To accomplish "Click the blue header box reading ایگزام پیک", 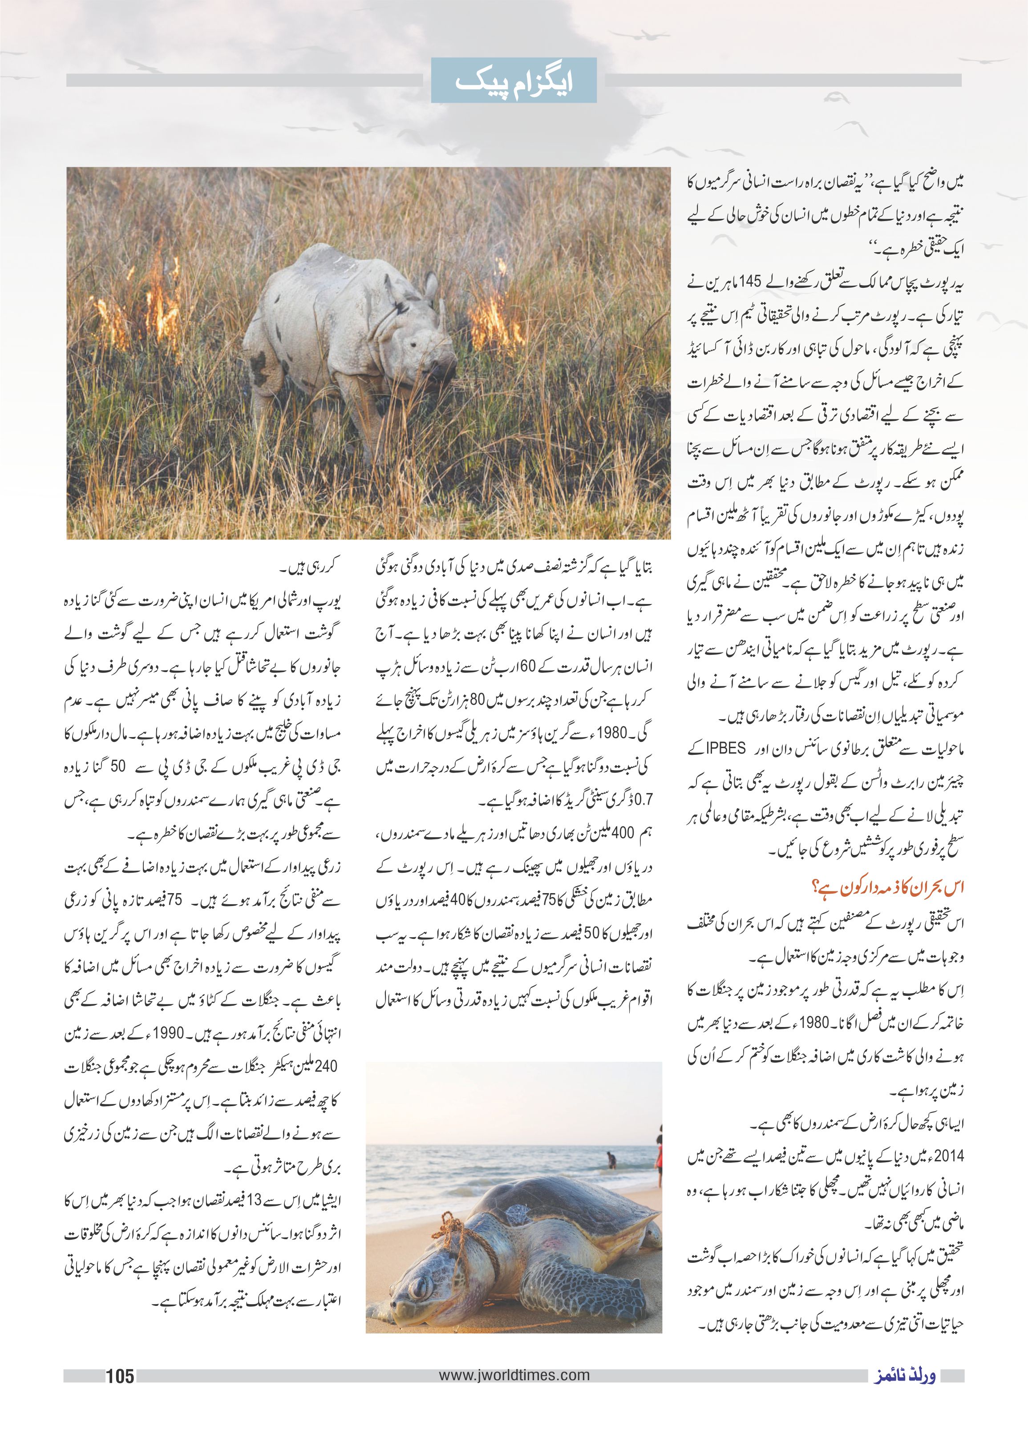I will (x=514, y=81).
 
